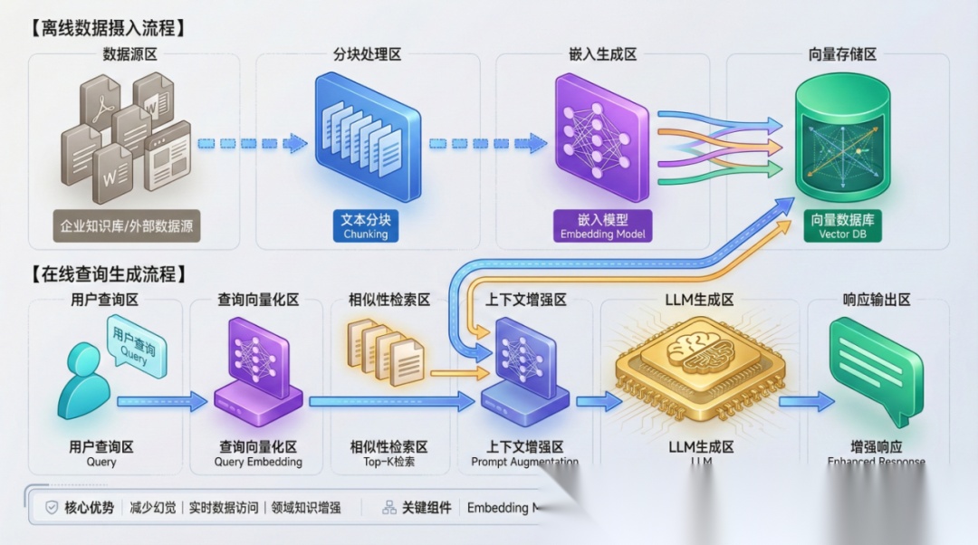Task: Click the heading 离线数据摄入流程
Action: click(x=107, y=27)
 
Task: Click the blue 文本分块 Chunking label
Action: click(x=366, y=226)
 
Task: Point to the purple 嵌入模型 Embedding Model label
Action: click(x=602, y=226)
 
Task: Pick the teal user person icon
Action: click(x=83, y=380)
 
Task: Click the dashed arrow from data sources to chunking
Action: click(x=253, y=143)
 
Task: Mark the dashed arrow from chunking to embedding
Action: click(x=487, y=143)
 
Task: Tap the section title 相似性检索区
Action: click(x=389, y=300)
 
